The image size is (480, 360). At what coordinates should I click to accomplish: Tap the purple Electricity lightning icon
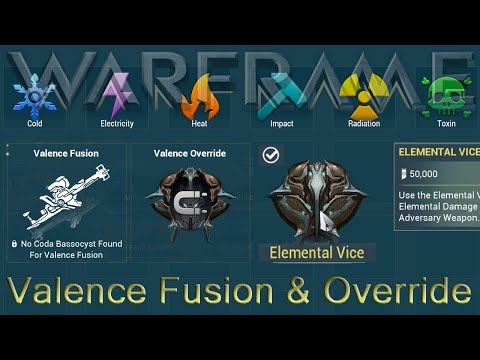117,94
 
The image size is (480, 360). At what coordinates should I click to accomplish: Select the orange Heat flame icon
200,96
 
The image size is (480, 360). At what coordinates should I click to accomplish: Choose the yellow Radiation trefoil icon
363,95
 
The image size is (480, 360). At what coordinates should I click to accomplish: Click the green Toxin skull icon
444,96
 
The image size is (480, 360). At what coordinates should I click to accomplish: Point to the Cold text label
35,124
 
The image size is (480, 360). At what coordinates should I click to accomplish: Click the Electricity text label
117,124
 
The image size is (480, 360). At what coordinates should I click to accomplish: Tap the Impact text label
281,124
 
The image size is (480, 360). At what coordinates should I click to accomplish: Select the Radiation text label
363,124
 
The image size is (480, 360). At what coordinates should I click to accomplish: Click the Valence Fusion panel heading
66,154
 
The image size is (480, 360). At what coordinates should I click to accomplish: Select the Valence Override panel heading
189,154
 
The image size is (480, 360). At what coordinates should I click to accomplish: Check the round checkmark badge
270,155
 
